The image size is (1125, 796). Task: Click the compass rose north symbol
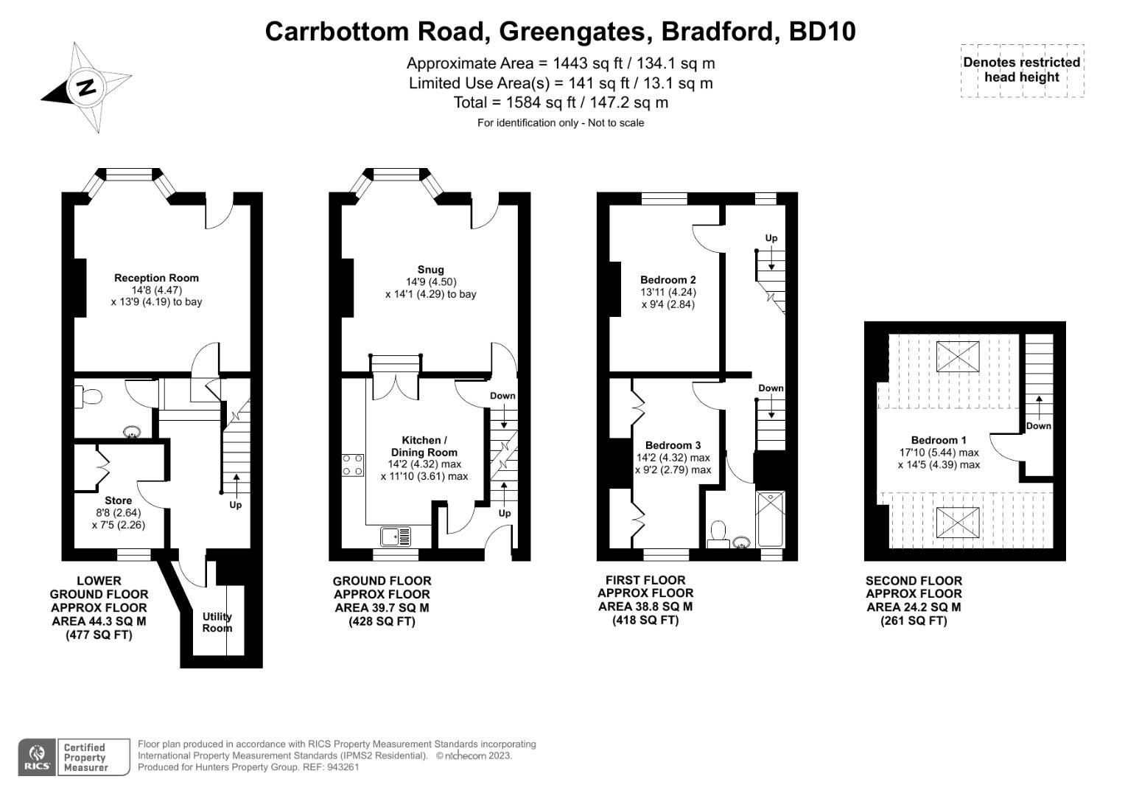pyautogui.click(x=87, y=87)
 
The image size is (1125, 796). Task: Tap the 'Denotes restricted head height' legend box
pyautogui.click(x=1021, y=70)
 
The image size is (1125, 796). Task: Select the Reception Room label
pyautogui.click(x=156, y=278)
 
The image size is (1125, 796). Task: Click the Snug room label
pyautogui.click(x=430, y=270)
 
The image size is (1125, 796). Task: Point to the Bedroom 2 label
pyautogui.click(x=667, y=280)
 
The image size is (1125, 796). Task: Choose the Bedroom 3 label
pyautogui.click(x=673, y=445)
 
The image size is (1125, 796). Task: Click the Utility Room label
pyautogui.click(x=217, y=622)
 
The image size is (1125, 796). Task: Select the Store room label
pyautogui.click(x=118, y=500)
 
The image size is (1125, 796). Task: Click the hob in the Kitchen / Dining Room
pyautogui.click(x=353, y=464)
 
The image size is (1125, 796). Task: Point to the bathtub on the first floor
pyautogui.click(x=771, y=519)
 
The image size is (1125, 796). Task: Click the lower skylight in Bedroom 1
pyautogui.click(x=958, y=523)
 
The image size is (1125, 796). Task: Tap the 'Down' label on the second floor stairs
pyautogui.click(x=1038, y=426)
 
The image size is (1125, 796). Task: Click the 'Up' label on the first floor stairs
pyautogui.click(x=771, y=238)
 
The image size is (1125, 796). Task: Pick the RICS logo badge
pyautogui.click(x=36, y=757)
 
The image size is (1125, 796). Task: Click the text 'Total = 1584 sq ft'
pyautogui.click(x=561, y=102)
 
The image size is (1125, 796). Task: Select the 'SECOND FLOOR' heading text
pyautogui.click(x=914, y=581)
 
